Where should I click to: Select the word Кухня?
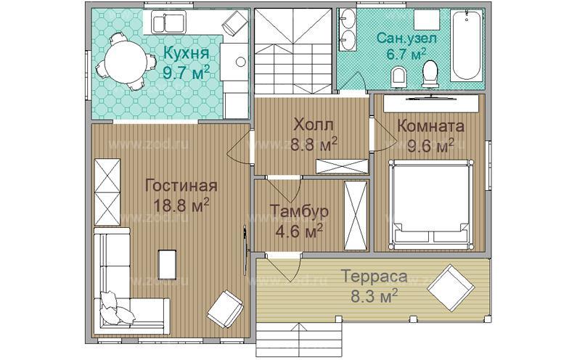186,54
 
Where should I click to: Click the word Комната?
430,125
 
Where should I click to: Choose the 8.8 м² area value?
314,144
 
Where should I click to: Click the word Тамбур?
299,211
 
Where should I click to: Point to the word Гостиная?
181,184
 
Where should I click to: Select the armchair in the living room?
225,309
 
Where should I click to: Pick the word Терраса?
374,277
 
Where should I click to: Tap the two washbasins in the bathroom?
346,30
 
